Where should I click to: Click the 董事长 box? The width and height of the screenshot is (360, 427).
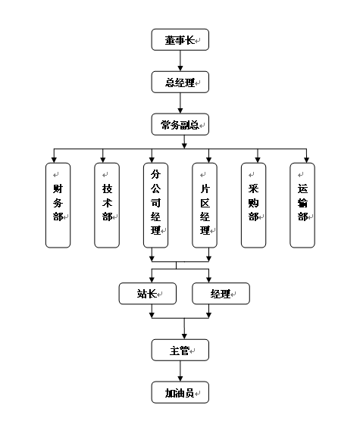(180, 40)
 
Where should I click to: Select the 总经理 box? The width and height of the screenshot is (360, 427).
(180, 82)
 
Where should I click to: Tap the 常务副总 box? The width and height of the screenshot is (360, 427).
(180, 124)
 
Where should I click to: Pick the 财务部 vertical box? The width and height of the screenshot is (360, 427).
(58, 205)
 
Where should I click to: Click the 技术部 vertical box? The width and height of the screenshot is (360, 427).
(107, 205)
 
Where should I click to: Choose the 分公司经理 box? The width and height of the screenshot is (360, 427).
(155, 205)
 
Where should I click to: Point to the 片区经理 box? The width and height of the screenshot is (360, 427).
(205, 205)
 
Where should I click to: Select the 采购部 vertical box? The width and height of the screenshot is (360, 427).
(253, 205)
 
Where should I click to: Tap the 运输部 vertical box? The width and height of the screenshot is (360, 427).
(302, 205)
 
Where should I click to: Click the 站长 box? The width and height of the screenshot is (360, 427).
(148, 294)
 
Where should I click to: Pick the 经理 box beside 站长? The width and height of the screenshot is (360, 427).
(221, 294)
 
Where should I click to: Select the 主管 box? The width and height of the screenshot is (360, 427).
(180, 350)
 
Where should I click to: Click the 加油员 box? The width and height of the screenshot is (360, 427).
(180, 392)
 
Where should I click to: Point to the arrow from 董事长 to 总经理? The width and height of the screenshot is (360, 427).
(180, 61)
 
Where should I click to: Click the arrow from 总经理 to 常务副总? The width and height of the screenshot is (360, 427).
(180, 103)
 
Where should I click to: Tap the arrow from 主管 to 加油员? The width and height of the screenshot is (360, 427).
(180, 371)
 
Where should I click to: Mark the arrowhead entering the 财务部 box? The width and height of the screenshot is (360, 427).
(54, 160)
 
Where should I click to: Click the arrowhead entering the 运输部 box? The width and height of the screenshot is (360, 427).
(307, 160)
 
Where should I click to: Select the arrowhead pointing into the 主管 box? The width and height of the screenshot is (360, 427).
(184, 336)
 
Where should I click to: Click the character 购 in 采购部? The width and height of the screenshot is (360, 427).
(253, 203)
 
